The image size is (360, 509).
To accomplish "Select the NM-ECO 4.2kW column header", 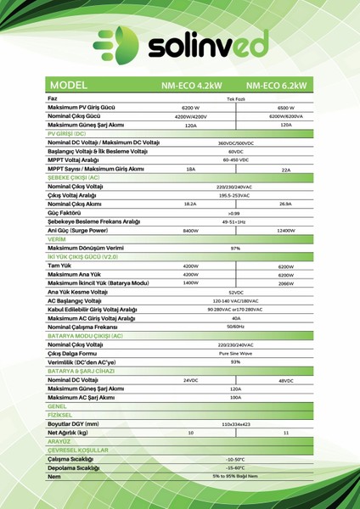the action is (x=191, y=87).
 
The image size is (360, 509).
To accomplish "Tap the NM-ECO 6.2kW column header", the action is (x=277, y=87).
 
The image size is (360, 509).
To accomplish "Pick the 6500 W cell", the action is (x=285, y=109).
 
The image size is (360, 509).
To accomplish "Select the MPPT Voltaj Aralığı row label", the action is (x=77, y=159).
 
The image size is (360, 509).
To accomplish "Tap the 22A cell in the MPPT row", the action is (x=285, y=170).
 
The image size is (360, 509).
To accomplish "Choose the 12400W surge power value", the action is (x=285, y=231).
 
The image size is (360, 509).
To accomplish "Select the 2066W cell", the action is (x=285, y=282).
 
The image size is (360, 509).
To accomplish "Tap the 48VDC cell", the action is (x=285, y=380).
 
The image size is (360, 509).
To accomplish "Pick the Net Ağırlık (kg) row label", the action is (x=69, y=433).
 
